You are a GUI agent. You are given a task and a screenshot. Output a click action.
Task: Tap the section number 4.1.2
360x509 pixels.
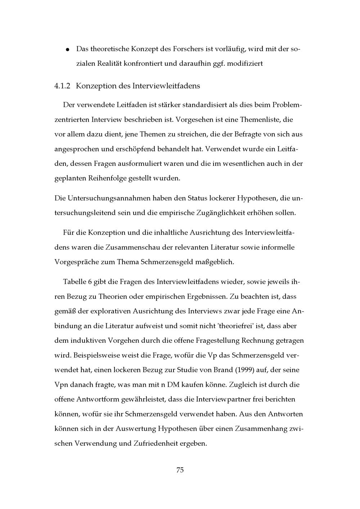click(x=63, y=86)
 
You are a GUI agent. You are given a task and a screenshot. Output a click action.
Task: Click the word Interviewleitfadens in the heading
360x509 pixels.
click(x=166, y=86)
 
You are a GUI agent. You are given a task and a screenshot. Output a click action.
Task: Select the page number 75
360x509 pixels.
click(x=180, y=470)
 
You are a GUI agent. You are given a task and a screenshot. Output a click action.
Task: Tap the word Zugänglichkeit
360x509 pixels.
click(x=220, y=213)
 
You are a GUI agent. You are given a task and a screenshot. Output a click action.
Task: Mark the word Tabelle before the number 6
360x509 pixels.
click(x=74, y=282)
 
